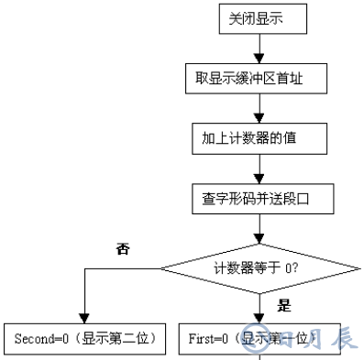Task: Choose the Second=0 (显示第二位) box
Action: [83, 338]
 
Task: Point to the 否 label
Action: [123, 248]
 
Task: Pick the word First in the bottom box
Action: [203, 338]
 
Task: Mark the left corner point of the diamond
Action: [161, 268]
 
